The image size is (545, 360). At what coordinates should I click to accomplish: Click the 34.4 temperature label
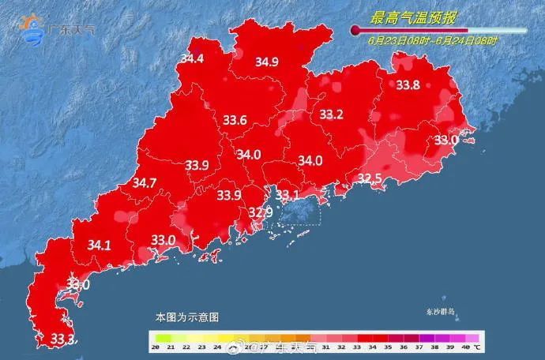point(192,59)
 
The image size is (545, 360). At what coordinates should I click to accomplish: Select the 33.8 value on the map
point(408,85)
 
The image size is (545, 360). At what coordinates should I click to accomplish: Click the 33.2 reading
point(331,115)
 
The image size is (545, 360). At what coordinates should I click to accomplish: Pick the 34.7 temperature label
point(144,183)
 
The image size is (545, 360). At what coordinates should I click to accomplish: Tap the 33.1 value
point(286,195)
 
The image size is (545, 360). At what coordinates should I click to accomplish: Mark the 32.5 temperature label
point(370,179)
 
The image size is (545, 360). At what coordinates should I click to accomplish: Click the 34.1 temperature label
point(99,246)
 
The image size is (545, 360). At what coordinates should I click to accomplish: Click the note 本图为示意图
point(186,317)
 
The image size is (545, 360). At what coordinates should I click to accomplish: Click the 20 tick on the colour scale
point(156,347)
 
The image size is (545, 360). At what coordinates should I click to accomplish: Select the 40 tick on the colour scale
point(466,347)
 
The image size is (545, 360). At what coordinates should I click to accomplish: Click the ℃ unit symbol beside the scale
point(478,347)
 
